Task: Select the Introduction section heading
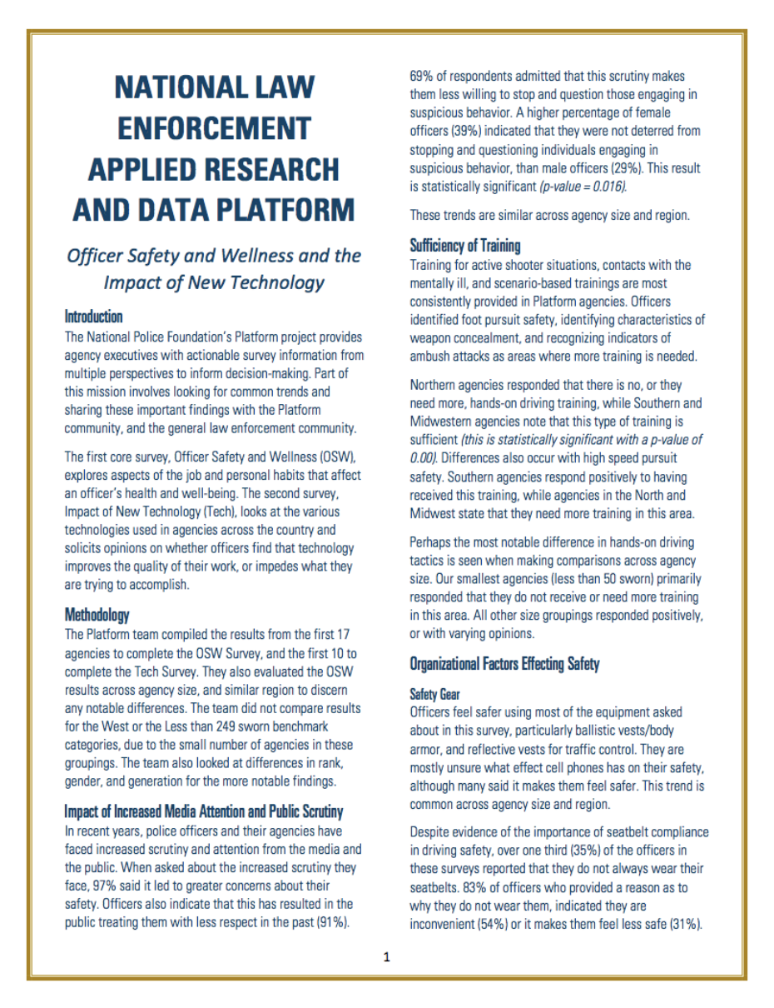(93, 317)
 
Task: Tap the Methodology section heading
(97, 615)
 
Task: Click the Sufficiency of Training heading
(464, 246)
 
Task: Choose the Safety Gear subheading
(434, 693)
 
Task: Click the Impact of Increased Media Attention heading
(203, 811)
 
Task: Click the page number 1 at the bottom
(386, 957)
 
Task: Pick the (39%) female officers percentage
(469, 132)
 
